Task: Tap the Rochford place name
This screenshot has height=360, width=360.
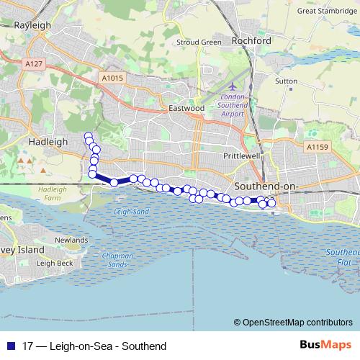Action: click(251, 41)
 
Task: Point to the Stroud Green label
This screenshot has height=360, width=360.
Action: click(199, 42)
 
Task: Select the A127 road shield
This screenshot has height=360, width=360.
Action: click(32, 63)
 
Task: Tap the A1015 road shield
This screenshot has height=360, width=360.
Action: click(112, 78)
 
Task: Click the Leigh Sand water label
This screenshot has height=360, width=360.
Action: click(131, 212)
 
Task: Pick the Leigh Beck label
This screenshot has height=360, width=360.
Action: click(55, 264)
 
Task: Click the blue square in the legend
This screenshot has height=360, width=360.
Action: click(10, 346)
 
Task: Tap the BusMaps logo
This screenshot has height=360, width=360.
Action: click(328, 345)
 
